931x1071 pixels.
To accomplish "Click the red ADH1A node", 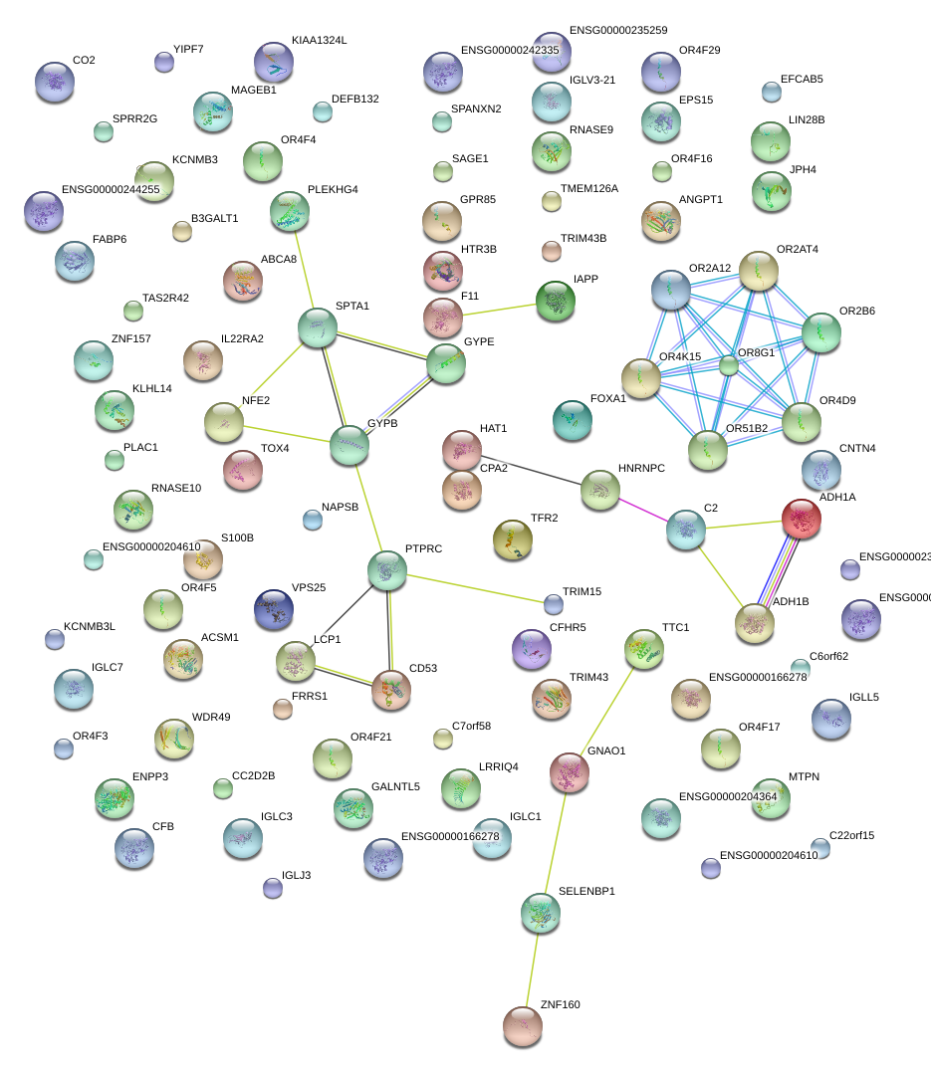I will [801, 519].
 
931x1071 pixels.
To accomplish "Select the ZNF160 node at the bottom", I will [522, 1026].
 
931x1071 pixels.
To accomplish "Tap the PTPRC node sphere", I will [386, 569].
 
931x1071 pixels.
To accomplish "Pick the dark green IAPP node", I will [555, 301].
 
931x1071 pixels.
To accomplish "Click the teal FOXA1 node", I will [572, 420].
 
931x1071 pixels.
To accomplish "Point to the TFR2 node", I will [512, 539].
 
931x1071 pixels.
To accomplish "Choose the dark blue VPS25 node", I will [274, 609].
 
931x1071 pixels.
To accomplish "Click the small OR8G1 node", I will [729, 365].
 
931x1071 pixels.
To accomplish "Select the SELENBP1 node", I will [540, 913].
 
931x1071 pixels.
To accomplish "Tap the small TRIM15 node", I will [554, 603].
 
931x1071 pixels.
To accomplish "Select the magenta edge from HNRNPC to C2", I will [642, 511].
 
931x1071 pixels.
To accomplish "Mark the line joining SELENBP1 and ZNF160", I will [531, 970].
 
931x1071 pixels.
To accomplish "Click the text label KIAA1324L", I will [319, 41].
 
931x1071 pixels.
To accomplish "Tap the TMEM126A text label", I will [588, 188].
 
